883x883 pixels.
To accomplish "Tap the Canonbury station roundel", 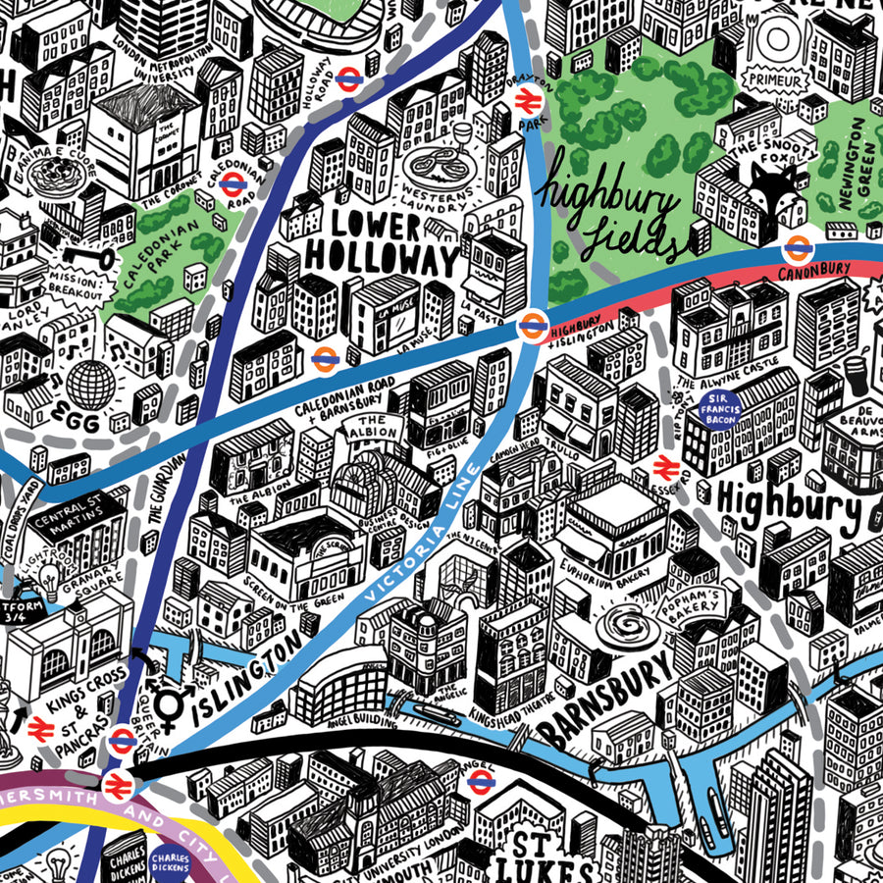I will point(797,249).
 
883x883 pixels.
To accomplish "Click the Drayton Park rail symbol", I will point(527,97).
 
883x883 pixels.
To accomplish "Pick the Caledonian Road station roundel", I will point(232,182).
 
